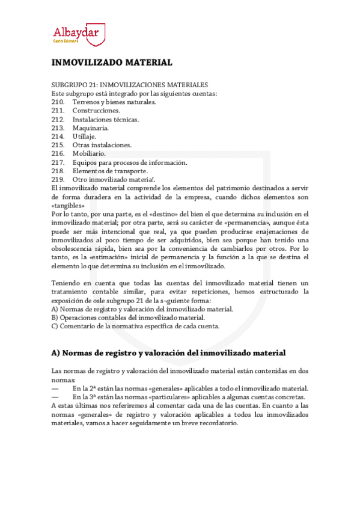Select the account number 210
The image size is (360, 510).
pyautogui.click(x=58, y=102)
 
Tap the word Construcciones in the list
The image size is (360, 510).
pyautogui.click(x=96, y=111)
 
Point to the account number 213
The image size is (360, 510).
pyautogui.click(x=58, y=128)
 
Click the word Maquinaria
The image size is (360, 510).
pyautogui.click(x=91, y=128)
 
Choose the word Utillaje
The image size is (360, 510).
pyautogui.click(x=86, y=137)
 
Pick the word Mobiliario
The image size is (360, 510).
pyautogui.click(x=89, y=154)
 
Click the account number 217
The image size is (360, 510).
pyautogui.click(x=58, y=162)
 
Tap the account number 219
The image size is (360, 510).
pyautogui.click(x=58, y=179)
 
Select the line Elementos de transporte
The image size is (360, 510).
pyautogui.click(x=110, y=171)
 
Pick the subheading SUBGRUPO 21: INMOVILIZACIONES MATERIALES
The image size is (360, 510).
pyautogui.click(x=130, y=85)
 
